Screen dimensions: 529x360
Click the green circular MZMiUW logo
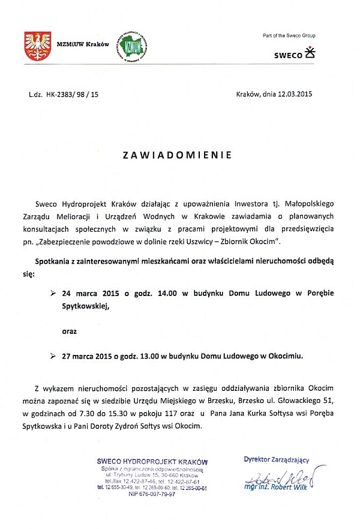(133, 47)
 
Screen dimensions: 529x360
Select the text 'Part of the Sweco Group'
(289, 36)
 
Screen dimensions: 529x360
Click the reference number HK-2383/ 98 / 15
(72, 94)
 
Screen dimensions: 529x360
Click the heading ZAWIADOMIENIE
(177, 154)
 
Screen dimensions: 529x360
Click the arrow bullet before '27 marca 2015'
(53, 355)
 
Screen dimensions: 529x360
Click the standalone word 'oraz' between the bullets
(70, 330)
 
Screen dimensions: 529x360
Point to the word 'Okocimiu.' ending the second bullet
(283, 355)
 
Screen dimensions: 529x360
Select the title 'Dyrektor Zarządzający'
(276, 460)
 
